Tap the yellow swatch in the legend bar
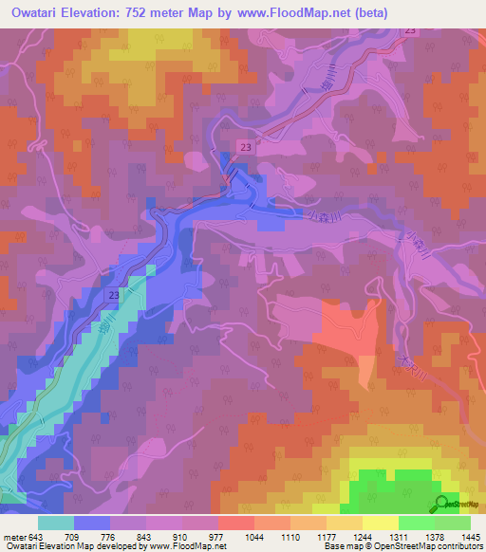pos(380,523)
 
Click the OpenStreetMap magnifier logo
pos(440,505)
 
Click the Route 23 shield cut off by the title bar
pos(409,31)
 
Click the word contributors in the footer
pos(461,546)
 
